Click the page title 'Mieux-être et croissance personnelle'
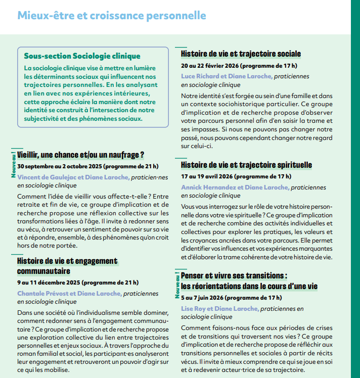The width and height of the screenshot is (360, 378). [112, 16]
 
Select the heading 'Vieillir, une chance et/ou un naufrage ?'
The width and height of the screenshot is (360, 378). [81, 155]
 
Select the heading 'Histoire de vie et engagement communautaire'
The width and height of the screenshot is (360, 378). [67, 266]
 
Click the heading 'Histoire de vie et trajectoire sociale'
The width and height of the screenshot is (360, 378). [241, 54]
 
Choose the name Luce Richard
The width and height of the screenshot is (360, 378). [200, 76]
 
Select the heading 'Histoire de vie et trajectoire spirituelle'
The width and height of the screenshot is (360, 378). [246, 165]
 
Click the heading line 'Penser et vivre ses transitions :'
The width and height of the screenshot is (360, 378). [234, 276]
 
